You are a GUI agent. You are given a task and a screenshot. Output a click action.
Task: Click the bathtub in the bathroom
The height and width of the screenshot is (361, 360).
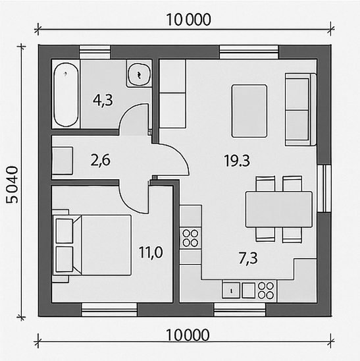pyautogui.click(x=66, y=94)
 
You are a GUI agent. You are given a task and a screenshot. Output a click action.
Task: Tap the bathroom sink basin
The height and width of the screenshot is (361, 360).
pyautogui.click(x=139, y=74)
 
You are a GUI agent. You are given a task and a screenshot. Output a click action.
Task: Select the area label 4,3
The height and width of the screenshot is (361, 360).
pyautogui.click(x=103, y=101)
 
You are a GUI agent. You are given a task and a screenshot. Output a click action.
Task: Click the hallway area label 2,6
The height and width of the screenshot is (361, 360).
pyautogui.click(x=101, y=160)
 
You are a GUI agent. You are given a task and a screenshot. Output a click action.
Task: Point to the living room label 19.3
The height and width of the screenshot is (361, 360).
pyautogui.click(x=237, y=161)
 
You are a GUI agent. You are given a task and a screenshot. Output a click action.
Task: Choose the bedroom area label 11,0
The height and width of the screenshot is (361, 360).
pyautogui.click(x=151, y=252)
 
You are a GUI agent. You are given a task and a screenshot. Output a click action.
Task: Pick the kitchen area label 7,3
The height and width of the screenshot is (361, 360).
pyautogui.click(x=248, y=258)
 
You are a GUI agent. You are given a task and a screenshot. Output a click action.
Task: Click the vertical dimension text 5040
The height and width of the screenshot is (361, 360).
pyautogui.click(x=12, y=184)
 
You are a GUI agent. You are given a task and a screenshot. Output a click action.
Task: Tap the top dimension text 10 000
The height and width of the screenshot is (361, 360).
pyautogui.click(x=188, y=20)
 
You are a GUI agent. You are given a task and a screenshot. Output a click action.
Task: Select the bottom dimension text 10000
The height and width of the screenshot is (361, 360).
pyautogui.click(x=188, y=335)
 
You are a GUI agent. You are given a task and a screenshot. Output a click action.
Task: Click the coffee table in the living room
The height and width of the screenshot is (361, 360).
pyautogui.click(x=249, y=111)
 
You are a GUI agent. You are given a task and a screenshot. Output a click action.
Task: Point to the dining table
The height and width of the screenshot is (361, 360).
pyautogui.click(x=279, y=209)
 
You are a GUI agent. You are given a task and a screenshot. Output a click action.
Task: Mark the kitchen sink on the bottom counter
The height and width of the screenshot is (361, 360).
pyautogui.click(x=231, y=291)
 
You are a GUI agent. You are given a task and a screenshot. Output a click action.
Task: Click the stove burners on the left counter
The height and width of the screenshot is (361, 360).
pyautogui.click(x=190, y=238)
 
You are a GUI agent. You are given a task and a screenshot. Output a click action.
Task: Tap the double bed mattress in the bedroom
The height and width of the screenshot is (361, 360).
pyautogui.click(x=106, y=245)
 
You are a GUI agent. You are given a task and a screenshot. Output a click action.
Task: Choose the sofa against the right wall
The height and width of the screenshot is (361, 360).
pyautogui.click(x=300, y=109)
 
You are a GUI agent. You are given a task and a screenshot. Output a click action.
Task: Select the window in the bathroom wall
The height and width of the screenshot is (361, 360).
pyautogui.click(x=95, y=52)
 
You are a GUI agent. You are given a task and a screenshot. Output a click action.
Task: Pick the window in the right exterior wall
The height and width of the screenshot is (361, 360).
pyautogui.click(x=324, y=188)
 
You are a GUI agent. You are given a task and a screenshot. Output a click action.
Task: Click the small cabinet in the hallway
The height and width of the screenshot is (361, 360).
pyautogui.click(x=63, y=161)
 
